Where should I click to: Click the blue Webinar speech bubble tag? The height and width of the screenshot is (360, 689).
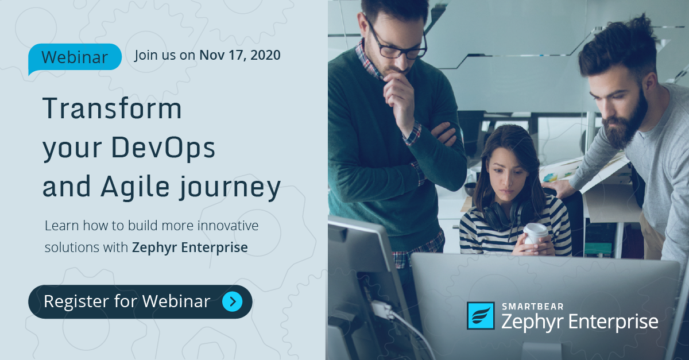point(75,57)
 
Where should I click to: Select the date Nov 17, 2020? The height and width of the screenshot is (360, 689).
point(239,55)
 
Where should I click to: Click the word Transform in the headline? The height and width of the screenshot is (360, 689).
point(113,109)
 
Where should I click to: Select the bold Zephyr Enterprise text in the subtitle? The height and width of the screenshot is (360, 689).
point(190,247)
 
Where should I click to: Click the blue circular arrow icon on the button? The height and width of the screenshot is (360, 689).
point(232,301)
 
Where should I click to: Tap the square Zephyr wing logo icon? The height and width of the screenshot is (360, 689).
point(481,316)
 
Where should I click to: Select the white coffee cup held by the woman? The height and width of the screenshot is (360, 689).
point(535,233)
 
